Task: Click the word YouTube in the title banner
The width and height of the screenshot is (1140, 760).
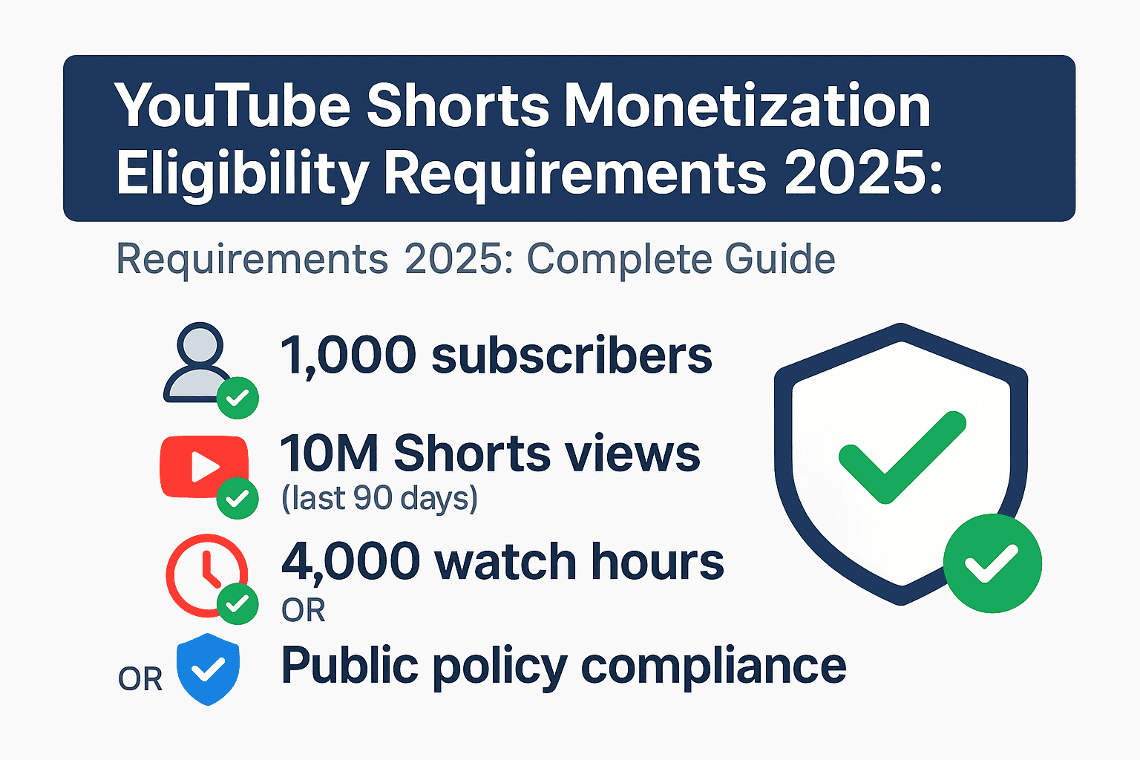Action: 232,107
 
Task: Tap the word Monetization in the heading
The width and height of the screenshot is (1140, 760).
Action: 747,107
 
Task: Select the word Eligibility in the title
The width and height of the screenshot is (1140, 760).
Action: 242,175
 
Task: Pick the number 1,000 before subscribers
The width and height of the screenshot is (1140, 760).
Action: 347,356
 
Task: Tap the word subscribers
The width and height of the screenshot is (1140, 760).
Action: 571,356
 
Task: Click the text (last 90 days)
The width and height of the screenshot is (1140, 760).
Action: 379,499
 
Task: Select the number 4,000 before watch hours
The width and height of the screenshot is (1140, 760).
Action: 351,561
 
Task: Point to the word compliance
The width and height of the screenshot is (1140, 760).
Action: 713,666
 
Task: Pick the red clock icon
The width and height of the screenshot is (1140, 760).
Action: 204,572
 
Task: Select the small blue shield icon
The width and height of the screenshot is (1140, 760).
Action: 209,669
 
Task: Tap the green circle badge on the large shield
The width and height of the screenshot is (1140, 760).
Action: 992,563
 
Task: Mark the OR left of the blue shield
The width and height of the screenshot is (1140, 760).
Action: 140,679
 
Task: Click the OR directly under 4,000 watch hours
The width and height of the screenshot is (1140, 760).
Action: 304,610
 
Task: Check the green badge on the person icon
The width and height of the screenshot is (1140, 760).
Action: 237,399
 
